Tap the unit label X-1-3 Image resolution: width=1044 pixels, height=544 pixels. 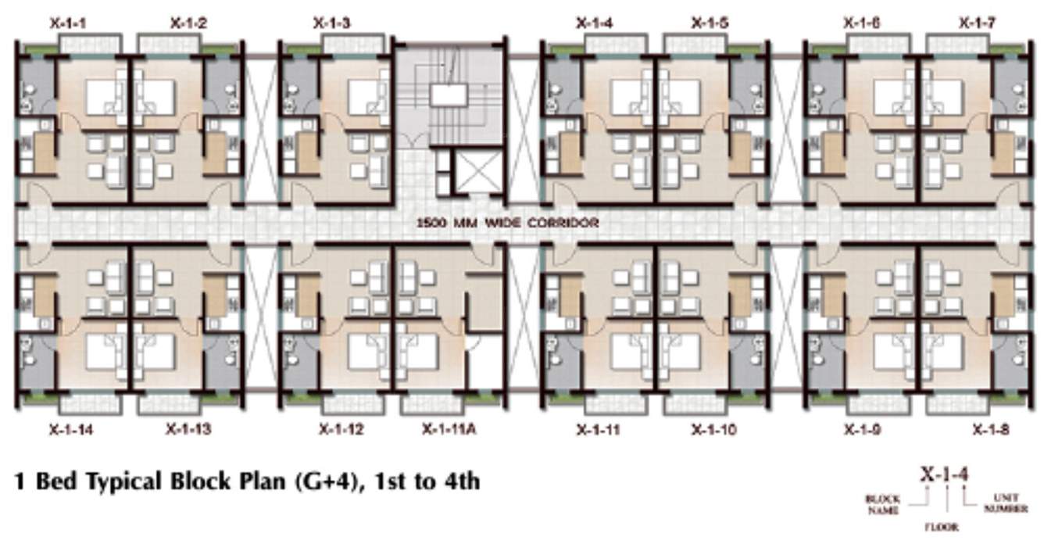pos(331,24)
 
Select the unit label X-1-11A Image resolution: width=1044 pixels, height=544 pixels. pos(449,429)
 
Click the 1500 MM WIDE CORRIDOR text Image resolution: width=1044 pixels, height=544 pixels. pos(508,223)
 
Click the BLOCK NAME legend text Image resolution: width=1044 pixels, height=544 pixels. pos(883,504)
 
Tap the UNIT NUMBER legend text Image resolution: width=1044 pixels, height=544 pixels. pos(1006,503)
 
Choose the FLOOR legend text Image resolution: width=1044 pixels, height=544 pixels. pos(944,528)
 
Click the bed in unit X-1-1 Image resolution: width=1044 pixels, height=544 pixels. pos(100,95)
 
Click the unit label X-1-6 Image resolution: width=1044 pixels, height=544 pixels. pos(862,24)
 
